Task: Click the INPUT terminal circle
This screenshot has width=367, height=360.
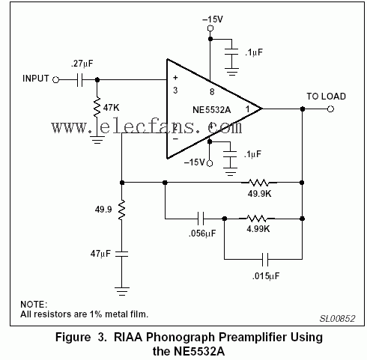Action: (56, 80)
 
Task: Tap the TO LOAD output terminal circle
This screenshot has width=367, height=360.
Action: (330, 109)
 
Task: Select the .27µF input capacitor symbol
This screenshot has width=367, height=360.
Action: (79, 80)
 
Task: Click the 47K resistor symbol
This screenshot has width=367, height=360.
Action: (97, 108)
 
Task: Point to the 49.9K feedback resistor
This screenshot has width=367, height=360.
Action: (259, 183)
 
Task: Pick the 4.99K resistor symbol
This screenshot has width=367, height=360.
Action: (257, 219)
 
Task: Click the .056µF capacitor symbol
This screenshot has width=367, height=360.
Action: (201, 219)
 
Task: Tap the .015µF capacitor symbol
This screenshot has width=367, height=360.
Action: (265, 260)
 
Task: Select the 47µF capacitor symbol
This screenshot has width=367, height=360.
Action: (121, 254)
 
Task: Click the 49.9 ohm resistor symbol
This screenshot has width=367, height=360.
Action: (121, 210)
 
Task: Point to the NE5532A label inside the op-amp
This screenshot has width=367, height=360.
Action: (212, 110)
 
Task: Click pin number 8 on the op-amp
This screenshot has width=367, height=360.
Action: (212, 92)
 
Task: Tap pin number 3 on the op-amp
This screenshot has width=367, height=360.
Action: (175, 90)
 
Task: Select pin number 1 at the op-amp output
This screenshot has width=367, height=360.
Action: (247, 109)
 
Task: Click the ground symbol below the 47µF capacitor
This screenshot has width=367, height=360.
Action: (122, 291)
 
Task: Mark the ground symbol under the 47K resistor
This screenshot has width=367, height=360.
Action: (97, 140)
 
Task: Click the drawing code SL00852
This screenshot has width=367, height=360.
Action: (337, 318)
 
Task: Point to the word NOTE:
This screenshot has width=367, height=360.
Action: (34, 305)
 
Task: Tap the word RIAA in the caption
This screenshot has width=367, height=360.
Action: (128, 337)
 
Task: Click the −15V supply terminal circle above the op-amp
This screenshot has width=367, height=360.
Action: (210, 28)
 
